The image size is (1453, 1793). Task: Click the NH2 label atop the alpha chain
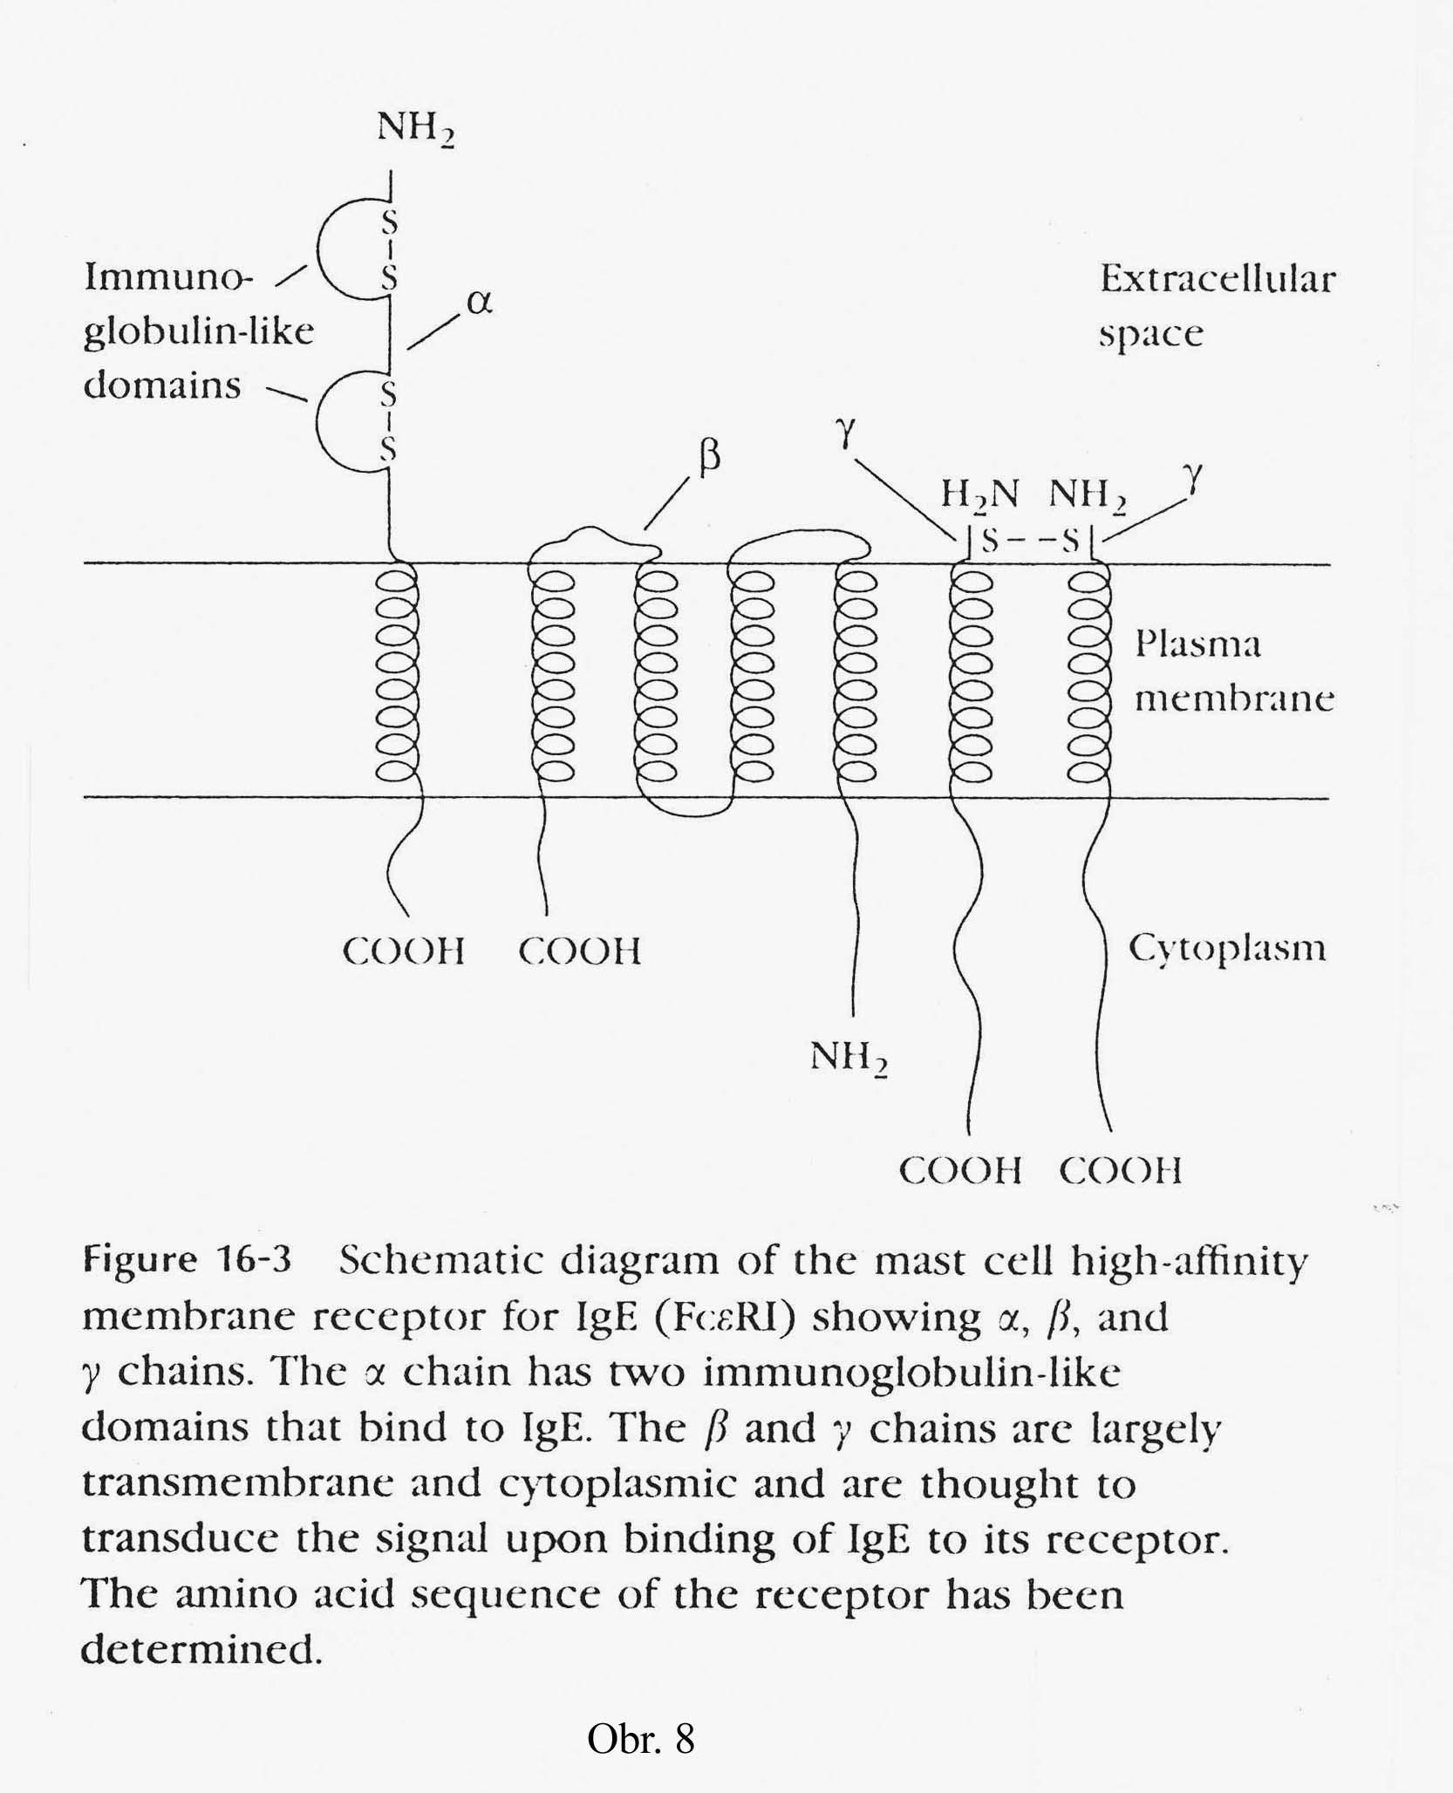tap(415, 129)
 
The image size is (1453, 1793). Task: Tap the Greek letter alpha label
tap(479, 302)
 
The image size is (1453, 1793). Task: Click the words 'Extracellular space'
tap(1216, 305)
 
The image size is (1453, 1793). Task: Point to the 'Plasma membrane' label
tap(1233, 671)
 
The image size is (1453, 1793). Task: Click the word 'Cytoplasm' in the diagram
tap(1226, 948)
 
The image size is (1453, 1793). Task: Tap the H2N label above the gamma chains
tap(979, 494)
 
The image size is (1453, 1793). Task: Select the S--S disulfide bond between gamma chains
tap(1030, 541)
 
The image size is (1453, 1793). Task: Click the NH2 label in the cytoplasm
tap(848, 1058)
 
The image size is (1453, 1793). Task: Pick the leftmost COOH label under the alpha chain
tap(403, 951)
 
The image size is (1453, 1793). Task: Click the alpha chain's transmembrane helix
tap(396, 676)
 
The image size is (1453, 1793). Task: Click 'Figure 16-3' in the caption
tap(187, 1259)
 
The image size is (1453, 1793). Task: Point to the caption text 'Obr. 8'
tap(640, 1738)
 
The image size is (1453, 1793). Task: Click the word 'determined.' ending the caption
tap(201, 1648)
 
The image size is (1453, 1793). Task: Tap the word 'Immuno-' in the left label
tap(168, 277)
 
